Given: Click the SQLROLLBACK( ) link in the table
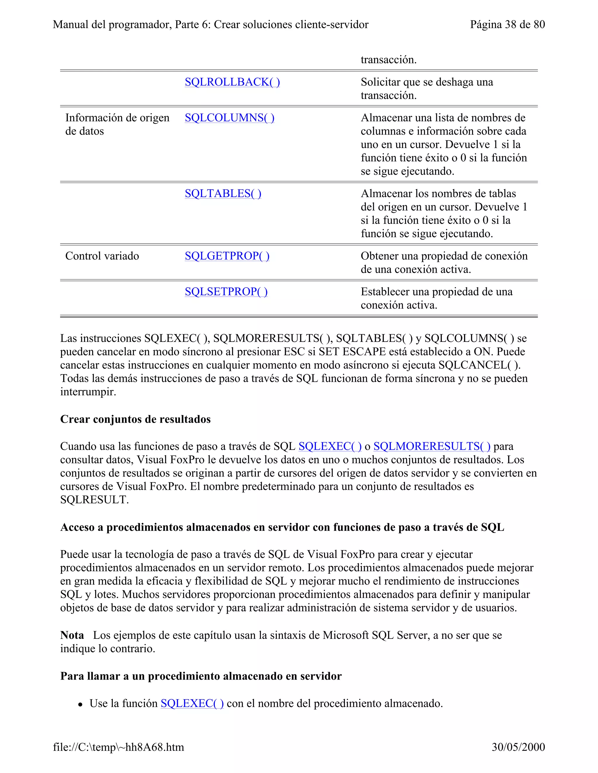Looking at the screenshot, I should [x=232, y=82].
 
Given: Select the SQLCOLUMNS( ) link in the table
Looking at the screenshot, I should [x=229, y=118].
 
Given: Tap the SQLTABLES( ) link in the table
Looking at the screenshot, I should [x=223, y=194].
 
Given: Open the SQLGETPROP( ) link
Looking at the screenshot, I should [x=227, y=256].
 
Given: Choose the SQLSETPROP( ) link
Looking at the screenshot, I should [x=226, y=292].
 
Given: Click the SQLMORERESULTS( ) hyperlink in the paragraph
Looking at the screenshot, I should [x=432, y=446].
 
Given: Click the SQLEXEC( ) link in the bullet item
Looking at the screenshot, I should [x=192, y=703].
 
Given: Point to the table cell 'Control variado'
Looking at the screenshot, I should [x=102, y=256].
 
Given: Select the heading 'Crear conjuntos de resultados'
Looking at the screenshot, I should [x=135, y=419].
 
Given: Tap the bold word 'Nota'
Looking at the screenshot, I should [x=72, y=635].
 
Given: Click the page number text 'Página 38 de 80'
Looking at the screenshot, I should [x=507, y=25].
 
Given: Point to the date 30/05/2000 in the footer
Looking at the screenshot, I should [x=518, y=747].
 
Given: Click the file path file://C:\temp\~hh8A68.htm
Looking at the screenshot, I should [x=118, y=747].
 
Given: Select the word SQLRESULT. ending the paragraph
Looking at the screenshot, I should [x=94, y=500].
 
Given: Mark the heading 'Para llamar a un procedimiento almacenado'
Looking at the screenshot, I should [x=201, y=676].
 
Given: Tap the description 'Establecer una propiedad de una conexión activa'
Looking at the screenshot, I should [x=436, y=298].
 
